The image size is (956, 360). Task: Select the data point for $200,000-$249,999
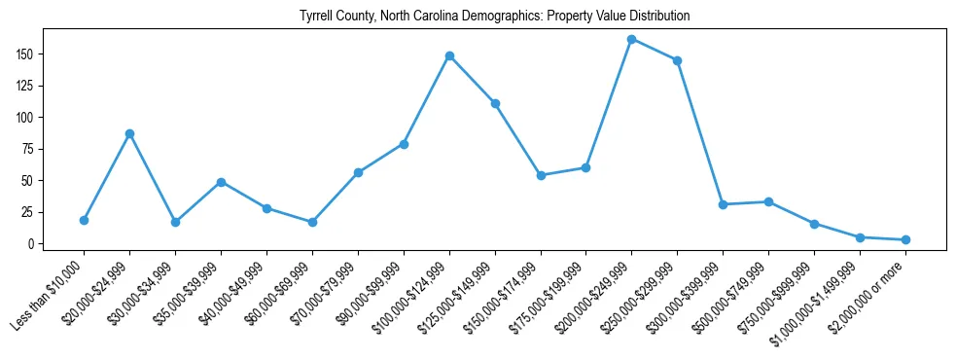click(632, 40)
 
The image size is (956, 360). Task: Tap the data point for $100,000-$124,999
click(449, 56)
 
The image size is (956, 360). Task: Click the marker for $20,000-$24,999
click(129, 133)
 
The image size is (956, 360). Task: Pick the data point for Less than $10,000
click(84, 220)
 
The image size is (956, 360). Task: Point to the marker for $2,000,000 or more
click(905, 239)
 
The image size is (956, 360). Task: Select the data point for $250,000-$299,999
click(677, 60)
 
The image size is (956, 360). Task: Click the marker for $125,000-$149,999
click(495, 103)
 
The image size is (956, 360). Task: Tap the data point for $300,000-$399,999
click(723, 204)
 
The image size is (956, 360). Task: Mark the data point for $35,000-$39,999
click(221, 182)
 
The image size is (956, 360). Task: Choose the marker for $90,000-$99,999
click(404, 144)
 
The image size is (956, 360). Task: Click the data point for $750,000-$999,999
click(814, 224)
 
